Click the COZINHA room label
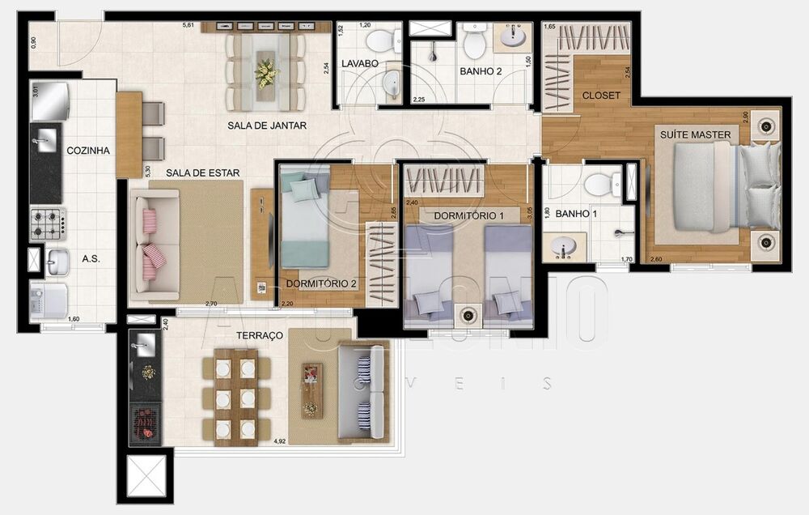click(88, 151)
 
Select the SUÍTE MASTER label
click(695, 134)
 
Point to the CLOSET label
click(601, 96)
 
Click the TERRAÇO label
click(260, 334)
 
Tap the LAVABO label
click(356, 63)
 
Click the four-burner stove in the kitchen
click(48, 223)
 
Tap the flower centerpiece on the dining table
click(265, 72)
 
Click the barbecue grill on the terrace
click(147, 420)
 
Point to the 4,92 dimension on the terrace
click(279, 442)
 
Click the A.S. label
click(90, 260)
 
